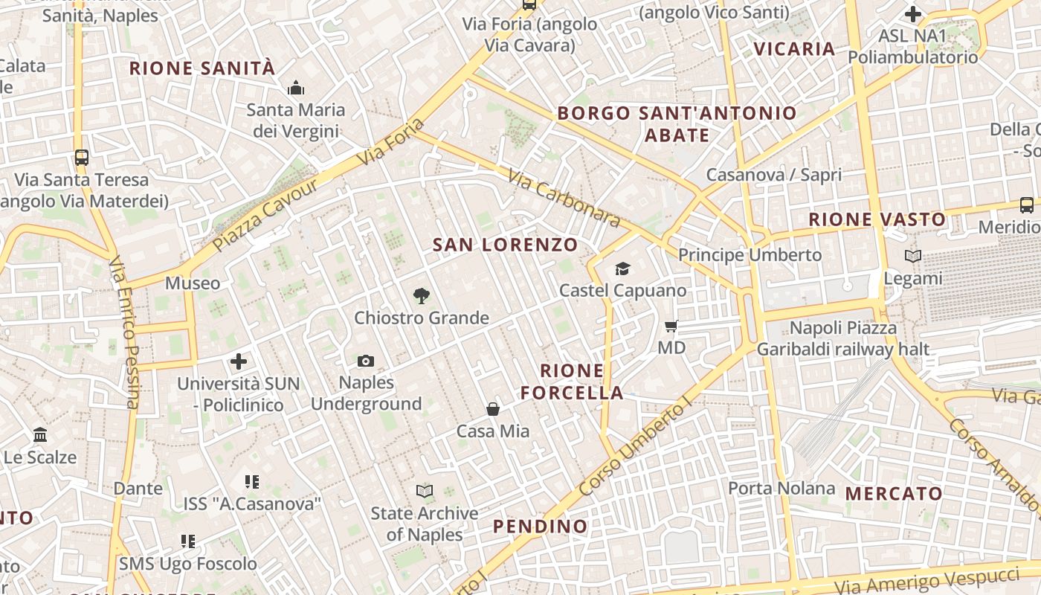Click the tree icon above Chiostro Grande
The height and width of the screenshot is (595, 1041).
[x=421, y=296]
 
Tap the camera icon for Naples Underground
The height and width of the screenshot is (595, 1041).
[x=366, y=361]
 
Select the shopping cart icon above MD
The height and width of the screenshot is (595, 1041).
[x=671, y=326]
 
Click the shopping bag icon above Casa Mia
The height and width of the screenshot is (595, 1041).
[x=492, y=409]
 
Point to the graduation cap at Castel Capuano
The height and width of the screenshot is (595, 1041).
[x=622, y=268]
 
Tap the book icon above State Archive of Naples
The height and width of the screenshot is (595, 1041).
[x=425, y=491]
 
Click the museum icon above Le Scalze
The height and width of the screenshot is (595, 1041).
[x=40, y=434]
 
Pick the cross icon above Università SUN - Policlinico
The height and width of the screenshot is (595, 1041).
[x=238, y=362]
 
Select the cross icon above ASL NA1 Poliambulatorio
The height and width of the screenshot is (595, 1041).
[x=913, y=14]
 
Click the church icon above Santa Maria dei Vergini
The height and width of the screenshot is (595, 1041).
[x=296, y=89]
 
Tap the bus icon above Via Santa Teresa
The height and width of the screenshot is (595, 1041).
[x=82, y=158]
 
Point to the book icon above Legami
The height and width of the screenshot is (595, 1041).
[x=913, y=257]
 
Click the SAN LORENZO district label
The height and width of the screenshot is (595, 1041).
[x=505, y=245]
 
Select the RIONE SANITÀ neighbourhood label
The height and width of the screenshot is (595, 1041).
[x=202, y=68]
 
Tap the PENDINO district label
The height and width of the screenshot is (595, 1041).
[x=541, y=527]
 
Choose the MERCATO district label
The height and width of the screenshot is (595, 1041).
[x=894, y=493]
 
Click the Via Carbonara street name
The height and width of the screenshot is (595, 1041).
[x=564, y=198]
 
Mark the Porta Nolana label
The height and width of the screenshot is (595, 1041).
[x=781, y=488]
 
